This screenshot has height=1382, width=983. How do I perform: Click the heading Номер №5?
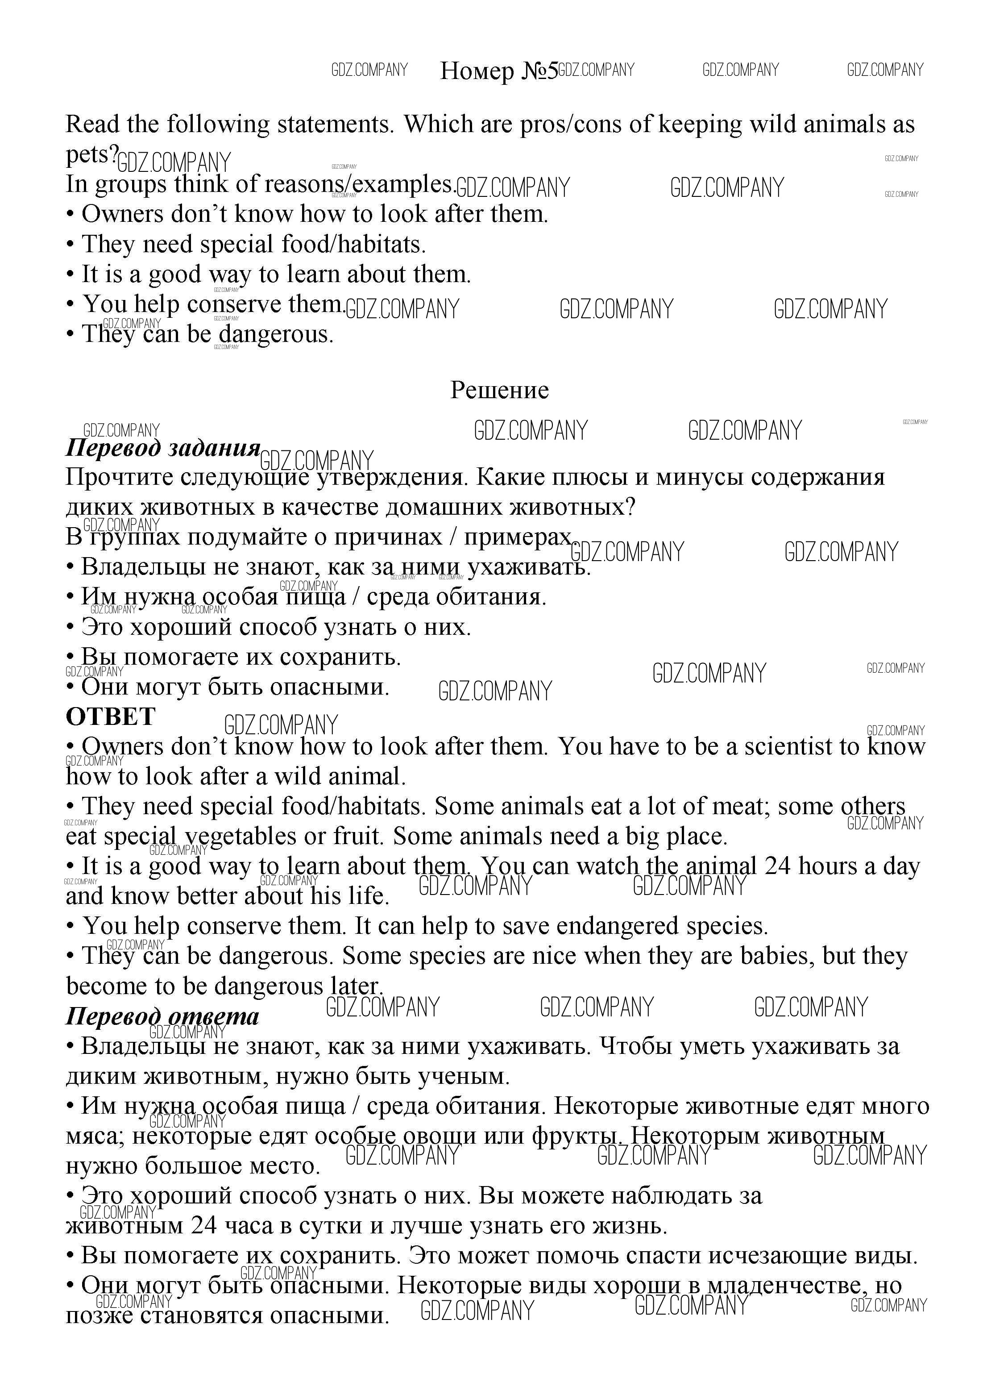click(x=498, y=71)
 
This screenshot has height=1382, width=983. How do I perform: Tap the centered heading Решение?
click(x=499, y=391)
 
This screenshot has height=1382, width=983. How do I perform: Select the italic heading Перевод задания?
click(x=163, y=448)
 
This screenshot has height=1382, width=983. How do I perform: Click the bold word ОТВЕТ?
click(x=111, y=717)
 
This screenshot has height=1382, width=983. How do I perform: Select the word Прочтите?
click(x=111, y=478)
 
